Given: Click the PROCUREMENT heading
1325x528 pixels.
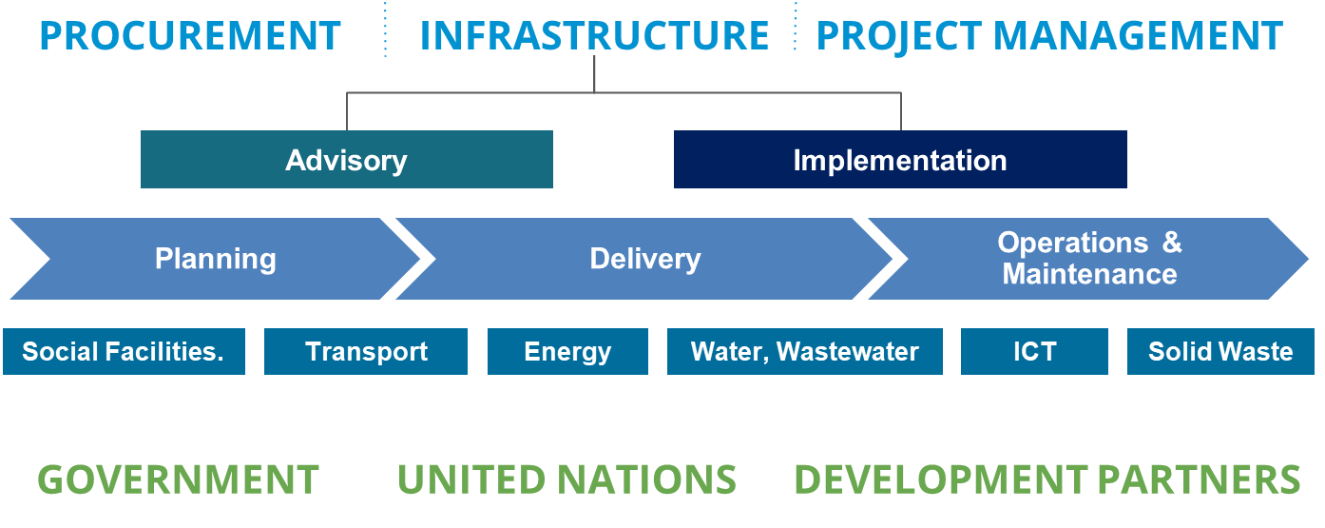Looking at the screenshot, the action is point(190,36).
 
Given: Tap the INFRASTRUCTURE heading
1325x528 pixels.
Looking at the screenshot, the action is point(594,36).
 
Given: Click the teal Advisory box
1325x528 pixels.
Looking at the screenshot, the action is point(347,159).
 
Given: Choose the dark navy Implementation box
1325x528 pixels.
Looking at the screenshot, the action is point(900,159).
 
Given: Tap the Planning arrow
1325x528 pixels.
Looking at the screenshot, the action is point(216,259).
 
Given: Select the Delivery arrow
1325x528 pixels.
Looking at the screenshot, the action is point(644,259).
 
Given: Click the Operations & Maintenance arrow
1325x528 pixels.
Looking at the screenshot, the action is point(1088,259).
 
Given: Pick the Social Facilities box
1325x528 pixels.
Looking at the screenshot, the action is point(124,352).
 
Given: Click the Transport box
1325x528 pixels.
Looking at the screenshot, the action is point(366,352).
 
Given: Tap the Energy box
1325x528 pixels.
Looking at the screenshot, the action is point(567,352).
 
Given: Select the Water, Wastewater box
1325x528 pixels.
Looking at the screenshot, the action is point(805,352).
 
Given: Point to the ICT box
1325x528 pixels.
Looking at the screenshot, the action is point(1034,352).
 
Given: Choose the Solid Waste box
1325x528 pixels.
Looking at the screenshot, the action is point(1220,352).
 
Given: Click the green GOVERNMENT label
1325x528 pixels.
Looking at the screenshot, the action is point(178,479).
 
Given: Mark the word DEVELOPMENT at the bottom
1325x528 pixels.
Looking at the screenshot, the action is point(941,479).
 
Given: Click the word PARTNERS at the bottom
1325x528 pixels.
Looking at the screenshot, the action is point(1200,479).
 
